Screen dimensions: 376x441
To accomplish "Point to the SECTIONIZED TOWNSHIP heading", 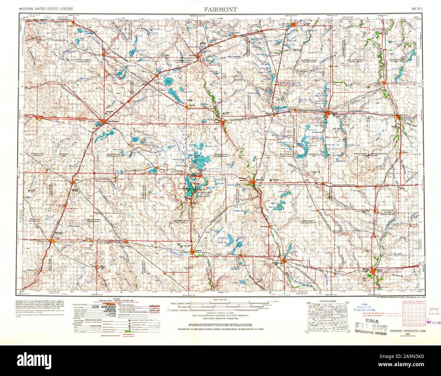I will (x=413, y=301).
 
